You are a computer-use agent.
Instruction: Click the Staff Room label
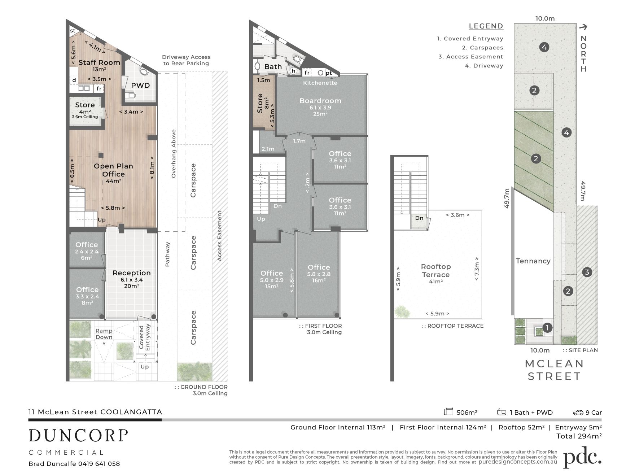click(x=99, y=62)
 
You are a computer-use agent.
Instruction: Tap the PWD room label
click(x=140, y=86)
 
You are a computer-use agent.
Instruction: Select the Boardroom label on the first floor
click(x=320, y=101)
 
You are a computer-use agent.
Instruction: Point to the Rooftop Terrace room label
click(x=436, y=271)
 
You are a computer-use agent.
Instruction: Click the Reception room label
click(x=132, y=273)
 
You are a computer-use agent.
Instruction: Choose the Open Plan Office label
click(x=113, y=170)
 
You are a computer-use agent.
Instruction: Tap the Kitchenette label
click(x=320, y=83)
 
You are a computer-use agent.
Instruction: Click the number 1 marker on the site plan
click(x=547, y=328)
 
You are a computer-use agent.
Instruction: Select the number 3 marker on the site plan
click(x=587, y=272)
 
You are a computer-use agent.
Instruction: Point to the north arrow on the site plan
click(x=583, y=27)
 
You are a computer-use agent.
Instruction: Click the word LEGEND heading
click(x=486, y=26)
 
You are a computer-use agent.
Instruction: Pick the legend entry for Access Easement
click(x=471, y=57)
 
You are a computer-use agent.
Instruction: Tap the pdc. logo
click(x=582, y=458)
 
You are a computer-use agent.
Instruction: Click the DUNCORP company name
click(x=78, y=436)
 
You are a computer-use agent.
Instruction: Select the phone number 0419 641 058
click(x=99, y=464)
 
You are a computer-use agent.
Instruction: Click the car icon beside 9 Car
click(x=578, y=412)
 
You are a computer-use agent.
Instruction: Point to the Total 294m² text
click(x=579, y=436)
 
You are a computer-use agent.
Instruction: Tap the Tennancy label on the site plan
click(x=533, y=261)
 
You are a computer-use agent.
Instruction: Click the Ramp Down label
click(x=104, y=334)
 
